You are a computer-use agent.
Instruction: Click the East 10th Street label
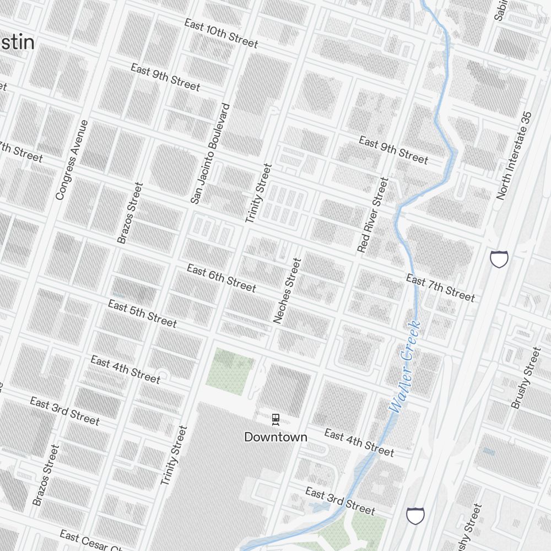tap(221, 34)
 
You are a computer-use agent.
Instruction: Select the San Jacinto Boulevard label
tap(209, 154)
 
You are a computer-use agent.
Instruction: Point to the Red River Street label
tap(373, 215)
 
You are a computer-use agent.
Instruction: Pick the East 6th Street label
tap(221, 278)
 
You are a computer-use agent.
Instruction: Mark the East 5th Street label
tap(142, 313)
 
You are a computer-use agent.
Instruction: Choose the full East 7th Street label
tap(440, 288)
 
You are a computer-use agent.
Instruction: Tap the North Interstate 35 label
tap(515, 155)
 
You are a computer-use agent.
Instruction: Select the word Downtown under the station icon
tap(275, 437)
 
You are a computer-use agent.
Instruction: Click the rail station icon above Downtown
tap(275, 420)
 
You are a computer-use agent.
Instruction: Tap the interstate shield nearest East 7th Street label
tap(499, 258)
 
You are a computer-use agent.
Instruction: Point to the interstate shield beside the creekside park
tap(415, 516)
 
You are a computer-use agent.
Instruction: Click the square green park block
tap(230, 368)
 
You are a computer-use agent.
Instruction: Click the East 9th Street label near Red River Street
tap(393, 150)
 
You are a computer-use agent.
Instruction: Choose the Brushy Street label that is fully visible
tap(526, 377)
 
